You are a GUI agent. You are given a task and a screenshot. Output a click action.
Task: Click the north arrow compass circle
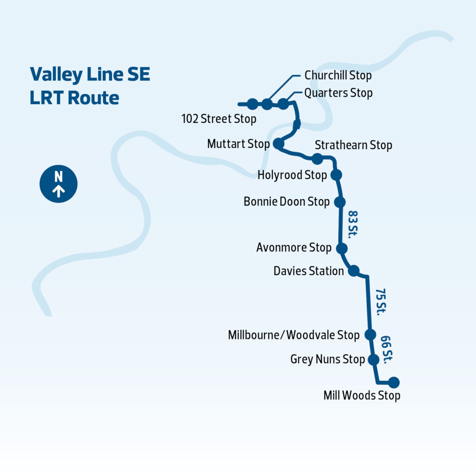coord(58,184)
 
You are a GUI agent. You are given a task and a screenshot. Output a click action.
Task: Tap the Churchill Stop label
coord(338,75)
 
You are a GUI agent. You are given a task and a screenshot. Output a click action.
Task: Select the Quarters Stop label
coord(338,93)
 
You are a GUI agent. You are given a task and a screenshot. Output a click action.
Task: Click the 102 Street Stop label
coord(218,119)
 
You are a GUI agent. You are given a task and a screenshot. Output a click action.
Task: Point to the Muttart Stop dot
coord(278,144)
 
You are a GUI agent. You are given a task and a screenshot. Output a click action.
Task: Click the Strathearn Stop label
coord(353,145)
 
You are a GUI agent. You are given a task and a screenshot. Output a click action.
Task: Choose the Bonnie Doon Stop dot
coord(340,202)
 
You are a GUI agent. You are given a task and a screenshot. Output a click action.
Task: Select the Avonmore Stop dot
coord(342,248)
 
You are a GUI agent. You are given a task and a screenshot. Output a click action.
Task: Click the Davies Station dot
coord(354,271)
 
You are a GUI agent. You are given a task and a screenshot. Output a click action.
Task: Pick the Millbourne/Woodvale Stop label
coord(294,335)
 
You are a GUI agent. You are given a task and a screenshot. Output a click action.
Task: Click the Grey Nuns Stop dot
coord(373,359)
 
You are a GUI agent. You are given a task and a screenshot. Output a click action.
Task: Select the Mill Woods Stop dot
coord(394,383)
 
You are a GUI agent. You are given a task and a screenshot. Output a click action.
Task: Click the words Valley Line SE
coord(90,75)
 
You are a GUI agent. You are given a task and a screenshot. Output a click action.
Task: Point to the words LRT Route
coord(74,98)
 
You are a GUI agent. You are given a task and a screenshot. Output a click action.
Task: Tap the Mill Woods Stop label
coord(362,396)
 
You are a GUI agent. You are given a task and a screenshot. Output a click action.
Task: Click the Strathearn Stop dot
coord(317,159)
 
